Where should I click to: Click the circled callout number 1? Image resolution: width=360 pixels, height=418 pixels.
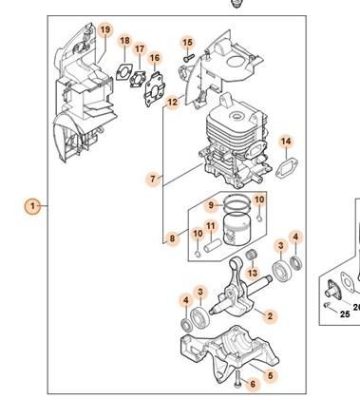[32, 206]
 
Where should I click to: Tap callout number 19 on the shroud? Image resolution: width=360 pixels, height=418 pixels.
[105, 29]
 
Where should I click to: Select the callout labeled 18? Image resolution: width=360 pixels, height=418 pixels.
[125, 41]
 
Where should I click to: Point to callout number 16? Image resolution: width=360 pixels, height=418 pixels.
[155, 58]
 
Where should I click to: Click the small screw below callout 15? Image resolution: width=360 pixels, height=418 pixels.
[188, 58]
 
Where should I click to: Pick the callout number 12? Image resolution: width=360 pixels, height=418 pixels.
[173, 103]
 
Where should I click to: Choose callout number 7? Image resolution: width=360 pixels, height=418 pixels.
[153, 180]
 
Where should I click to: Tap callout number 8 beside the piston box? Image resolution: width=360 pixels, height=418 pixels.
[172, 238]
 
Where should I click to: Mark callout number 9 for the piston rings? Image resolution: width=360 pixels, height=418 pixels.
[212, 205]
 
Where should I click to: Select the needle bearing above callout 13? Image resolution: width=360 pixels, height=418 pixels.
[252, 255]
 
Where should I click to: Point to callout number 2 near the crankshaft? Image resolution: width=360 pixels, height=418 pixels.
[270, 316]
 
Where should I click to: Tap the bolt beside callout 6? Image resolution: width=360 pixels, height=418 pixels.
[237, 378]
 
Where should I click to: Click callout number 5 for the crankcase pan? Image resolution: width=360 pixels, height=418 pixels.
[270, 376]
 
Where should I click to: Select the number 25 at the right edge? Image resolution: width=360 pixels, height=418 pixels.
[345, 314]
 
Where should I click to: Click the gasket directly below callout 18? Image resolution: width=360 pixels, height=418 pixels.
[124, 72]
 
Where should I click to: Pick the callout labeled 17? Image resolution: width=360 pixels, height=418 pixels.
[140, 49]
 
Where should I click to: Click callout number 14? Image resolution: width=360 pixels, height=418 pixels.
[286, 142]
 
